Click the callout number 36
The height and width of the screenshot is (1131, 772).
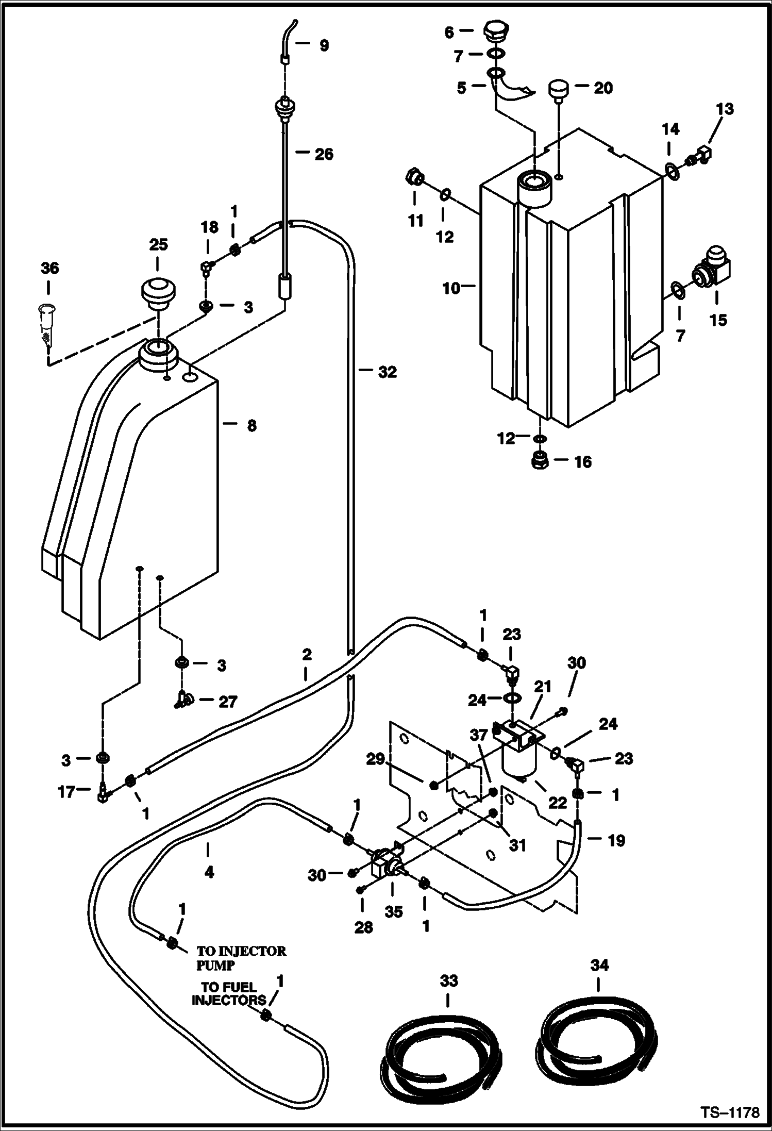coord(49,268)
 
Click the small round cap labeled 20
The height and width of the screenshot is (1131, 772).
coord(558,91)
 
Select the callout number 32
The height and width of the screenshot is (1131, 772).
coord(387,372)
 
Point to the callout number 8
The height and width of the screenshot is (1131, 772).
coord(251,426)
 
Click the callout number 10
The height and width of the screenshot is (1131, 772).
coord(451,288)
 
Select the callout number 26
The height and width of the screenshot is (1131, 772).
coord(324,154)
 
